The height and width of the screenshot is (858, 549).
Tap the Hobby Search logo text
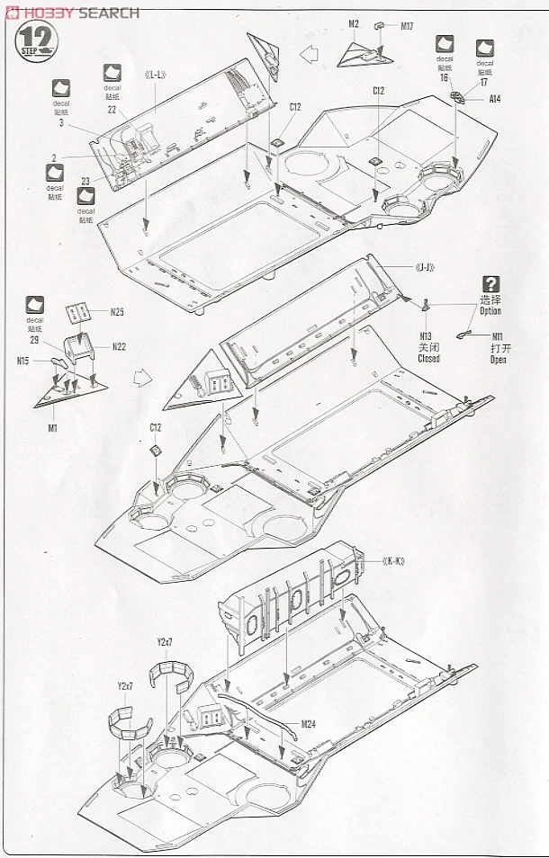click(x=72, y=12)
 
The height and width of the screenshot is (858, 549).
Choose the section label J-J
click(x=428, y=267)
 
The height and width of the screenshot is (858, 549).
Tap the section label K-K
click(x=393, y=562)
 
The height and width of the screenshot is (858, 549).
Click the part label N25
click(x=117, y=312)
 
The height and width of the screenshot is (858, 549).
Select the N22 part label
click(x=119, y=346)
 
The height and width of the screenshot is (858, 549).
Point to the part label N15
click(x=23, y=361)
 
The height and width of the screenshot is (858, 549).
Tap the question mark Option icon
click(x=490, y=284)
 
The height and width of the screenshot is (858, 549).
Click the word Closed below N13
click(x=428, y=359)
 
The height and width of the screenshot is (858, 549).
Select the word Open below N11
click(x=498, y=360)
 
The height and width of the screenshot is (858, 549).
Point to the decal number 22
click(x=112, y=109)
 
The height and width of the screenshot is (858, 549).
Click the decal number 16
click(x=445, y=78)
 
